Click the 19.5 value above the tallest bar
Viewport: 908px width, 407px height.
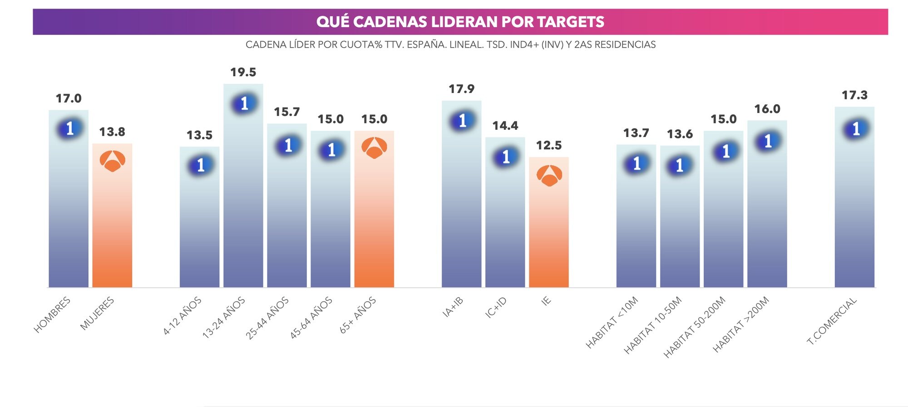(243, 72)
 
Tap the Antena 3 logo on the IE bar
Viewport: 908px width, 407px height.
(549, 176)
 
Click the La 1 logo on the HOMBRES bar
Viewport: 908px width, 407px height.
(69, 128)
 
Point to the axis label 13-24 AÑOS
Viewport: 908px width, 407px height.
(224, 318)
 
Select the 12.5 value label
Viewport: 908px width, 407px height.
(548, 145)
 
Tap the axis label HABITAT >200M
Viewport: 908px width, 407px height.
(741, 324)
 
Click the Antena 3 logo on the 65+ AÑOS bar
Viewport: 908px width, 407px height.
(374, 148)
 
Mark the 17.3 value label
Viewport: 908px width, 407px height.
(854, 95)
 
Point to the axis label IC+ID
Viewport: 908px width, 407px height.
(496, 307)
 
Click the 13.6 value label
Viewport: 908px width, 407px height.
(680, 134)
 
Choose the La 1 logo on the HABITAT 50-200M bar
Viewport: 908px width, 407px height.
(725, 151)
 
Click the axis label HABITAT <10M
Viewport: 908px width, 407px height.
(612, 322)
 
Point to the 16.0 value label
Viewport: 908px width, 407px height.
(767, 109)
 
